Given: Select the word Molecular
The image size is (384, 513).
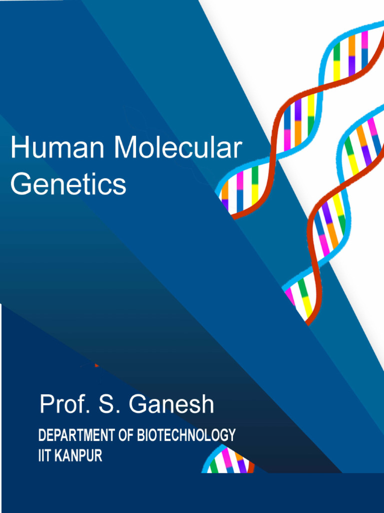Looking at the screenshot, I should pos(177,149).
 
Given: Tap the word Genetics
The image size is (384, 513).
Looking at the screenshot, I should pos(68,185).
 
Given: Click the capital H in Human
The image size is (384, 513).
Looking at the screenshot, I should pos(18,149).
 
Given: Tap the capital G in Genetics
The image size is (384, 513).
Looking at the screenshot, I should pos(20,185).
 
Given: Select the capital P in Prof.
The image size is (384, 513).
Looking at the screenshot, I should pos(46,404).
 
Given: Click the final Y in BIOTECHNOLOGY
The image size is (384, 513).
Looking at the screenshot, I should pos(231,435).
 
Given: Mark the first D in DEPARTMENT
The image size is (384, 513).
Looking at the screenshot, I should pos(42,435).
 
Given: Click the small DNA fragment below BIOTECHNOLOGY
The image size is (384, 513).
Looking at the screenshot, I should pos(227,461).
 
